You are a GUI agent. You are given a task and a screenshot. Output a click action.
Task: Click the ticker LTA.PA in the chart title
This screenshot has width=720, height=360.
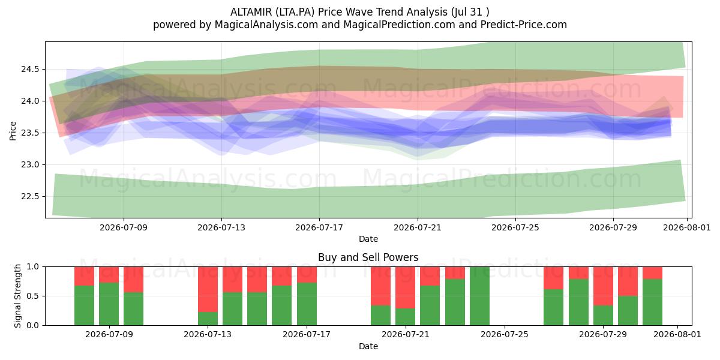295,12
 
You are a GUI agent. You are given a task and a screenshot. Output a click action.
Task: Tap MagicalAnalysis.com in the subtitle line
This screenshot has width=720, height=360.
266,25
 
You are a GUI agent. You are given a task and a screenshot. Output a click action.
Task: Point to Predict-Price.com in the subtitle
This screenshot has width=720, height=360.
524,25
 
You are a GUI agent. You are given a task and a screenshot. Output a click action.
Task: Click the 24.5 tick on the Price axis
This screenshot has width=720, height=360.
30,70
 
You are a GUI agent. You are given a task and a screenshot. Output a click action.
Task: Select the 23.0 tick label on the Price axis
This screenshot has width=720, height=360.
30,165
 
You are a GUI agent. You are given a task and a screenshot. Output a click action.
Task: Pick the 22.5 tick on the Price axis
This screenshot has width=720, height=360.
30,196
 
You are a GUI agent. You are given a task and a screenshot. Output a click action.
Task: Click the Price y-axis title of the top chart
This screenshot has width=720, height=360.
13,131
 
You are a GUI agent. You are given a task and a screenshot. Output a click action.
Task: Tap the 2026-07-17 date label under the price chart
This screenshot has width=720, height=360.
319,227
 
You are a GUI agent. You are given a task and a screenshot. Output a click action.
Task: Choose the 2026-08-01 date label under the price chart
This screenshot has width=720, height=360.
687,227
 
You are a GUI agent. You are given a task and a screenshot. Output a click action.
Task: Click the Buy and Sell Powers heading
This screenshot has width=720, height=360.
368,257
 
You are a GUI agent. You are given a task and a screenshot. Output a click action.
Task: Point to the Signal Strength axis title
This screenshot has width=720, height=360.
17,296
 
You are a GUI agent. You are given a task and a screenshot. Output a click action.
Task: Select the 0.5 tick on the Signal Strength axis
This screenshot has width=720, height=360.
33,296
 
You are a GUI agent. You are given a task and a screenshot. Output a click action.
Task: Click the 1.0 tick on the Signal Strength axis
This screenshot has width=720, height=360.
33,267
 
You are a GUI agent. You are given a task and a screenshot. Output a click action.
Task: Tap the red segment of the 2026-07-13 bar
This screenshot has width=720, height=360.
208,289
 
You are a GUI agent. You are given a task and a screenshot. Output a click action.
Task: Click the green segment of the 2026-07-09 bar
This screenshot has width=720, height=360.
109,304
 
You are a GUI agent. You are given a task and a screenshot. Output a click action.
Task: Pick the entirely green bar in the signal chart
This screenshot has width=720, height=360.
479,296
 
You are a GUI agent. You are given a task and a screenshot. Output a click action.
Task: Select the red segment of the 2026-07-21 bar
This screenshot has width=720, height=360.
406,287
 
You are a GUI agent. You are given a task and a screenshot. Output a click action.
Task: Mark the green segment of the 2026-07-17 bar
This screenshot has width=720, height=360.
307,304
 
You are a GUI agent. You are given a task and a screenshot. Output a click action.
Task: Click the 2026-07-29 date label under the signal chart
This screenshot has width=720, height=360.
603,335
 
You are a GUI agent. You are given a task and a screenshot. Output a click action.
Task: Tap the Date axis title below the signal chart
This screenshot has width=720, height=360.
368,346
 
